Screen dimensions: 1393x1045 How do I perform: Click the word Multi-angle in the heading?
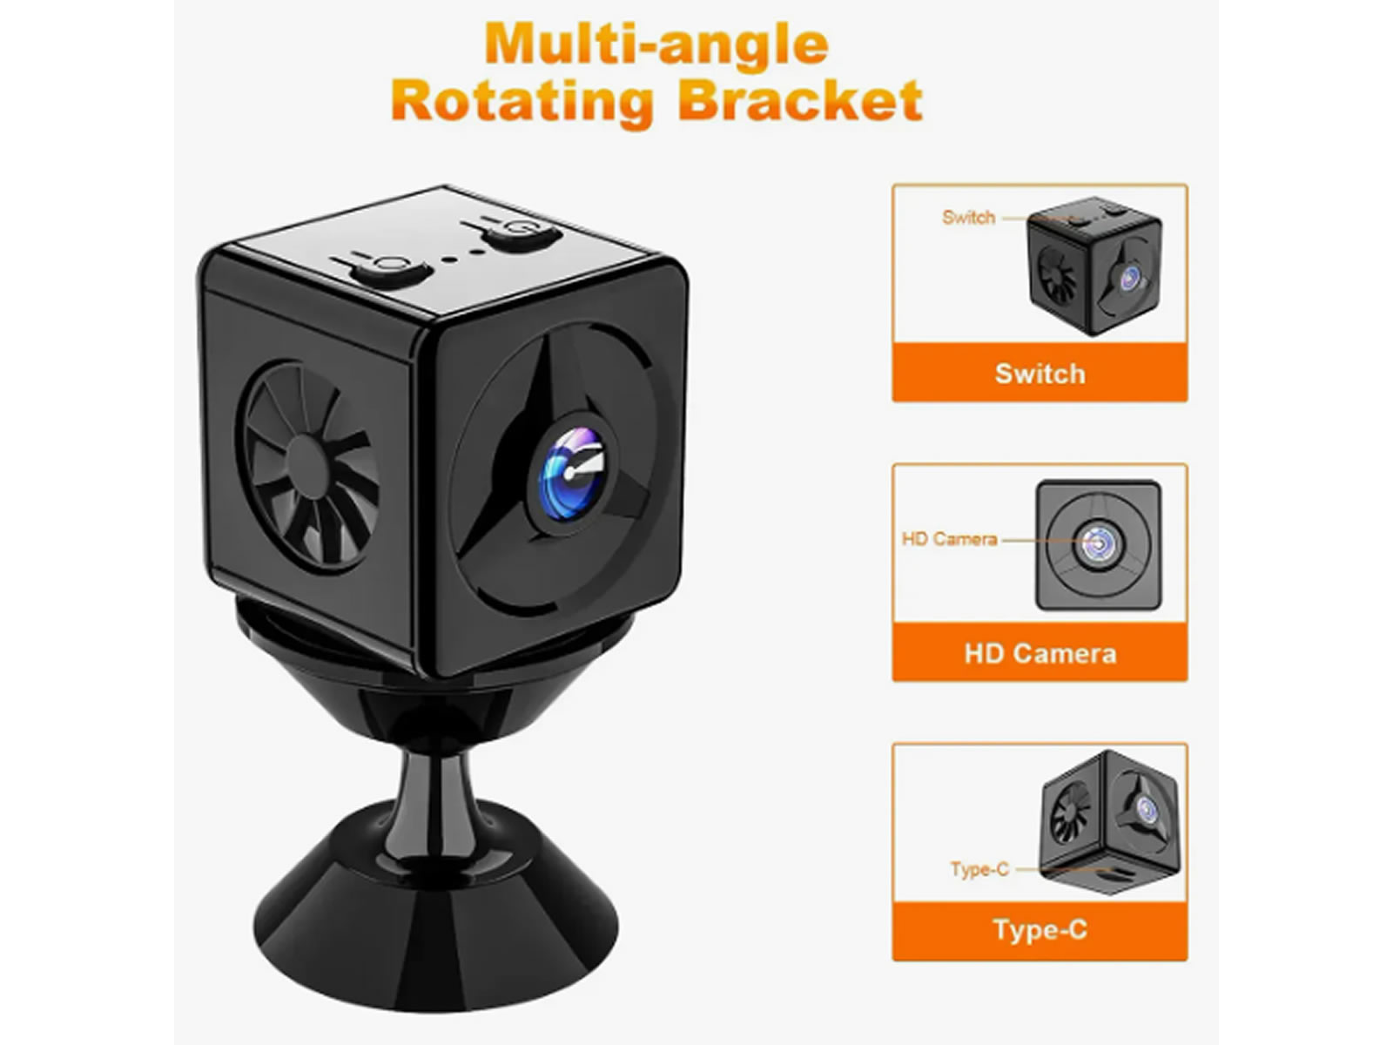[656, 45]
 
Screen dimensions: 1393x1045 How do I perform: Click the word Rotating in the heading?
[522, 102]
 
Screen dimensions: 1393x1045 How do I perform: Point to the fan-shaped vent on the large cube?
[308, 467]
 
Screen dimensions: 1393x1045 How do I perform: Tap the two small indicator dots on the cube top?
[462, 256]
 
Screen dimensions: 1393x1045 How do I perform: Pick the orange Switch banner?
[1040, 373]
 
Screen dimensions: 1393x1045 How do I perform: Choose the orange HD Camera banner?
[1040, 653]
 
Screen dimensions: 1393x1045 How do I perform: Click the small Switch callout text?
[968, 218]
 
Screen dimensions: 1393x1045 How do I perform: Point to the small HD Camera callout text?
[949, 539]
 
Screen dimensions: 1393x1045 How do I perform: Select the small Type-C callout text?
[979, 869]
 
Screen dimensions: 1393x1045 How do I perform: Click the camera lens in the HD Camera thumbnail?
[1097, 544]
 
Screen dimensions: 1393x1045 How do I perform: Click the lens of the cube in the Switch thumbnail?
[1130, 278]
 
